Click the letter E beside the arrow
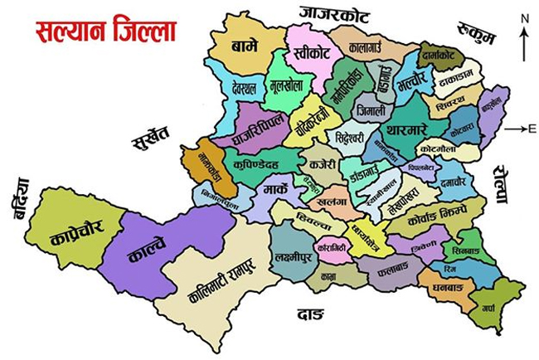pyautogui.click(x=532, y=129)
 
